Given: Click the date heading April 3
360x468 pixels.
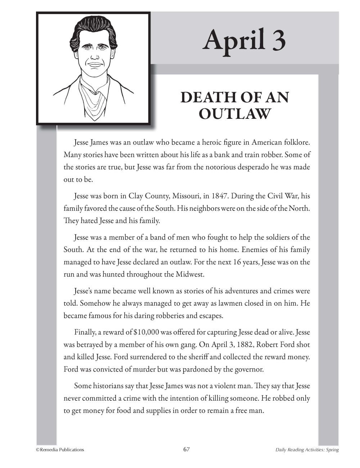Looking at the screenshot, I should pyautogui.click(x=244, y=40).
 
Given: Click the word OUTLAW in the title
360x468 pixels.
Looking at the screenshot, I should pyautogui.click(x=234, y=114).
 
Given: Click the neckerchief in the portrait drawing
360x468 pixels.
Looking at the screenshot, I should pyautogui.click(x=93, y=99).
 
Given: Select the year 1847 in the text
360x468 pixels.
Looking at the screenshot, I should pyautogui.click(x=219, y=196).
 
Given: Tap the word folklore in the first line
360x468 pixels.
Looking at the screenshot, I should pyautogui.click(x=296, y=142).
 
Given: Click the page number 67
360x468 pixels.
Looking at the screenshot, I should pyautogui.click(x=186, y=449).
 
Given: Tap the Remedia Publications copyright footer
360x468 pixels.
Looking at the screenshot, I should pyautogui.click(x=60, y=450).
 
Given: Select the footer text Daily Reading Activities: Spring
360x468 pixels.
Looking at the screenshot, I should pyautogui.click(x=307, y=450).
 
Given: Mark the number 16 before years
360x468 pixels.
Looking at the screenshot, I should pyautogui.click(x=237, y=262).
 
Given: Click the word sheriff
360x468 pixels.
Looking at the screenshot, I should pyautogui.click(x=196, y=357).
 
